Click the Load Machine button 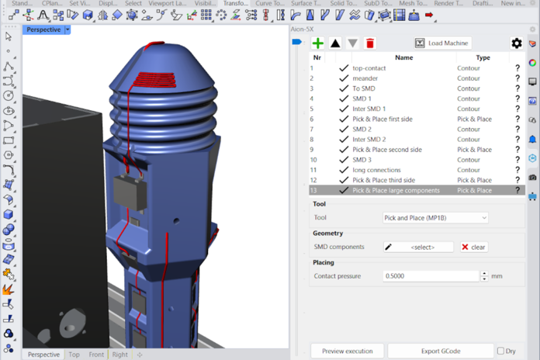441,43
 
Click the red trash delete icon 370,43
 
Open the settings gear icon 517,43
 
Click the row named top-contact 369,68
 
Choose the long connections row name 376,170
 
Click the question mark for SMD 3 517,160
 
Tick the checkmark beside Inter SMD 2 344,140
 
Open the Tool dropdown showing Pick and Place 435,218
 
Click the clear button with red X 473,247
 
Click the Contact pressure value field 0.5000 431,276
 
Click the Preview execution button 347,351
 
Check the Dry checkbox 500,351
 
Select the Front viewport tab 96,355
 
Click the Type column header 483,57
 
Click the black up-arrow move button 335,43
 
